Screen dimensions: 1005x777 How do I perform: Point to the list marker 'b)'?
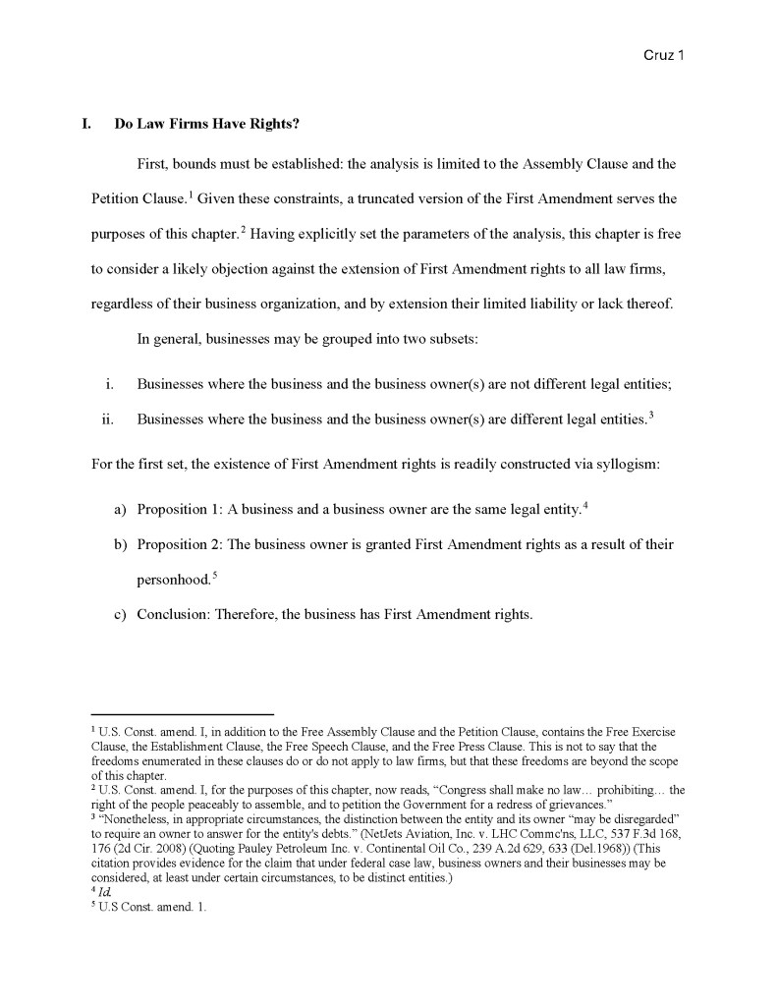tap(122, 544)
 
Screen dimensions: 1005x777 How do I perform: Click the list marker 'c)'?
tap(122, 616)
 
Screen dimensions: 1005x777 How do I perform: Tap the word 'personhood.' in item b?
tap(173, 581)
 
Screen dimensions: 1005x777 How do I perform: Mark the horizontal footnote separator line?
tap(182, 714)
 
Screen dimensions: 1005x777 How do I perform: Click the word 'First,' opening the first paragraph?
tap(154, 162)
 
